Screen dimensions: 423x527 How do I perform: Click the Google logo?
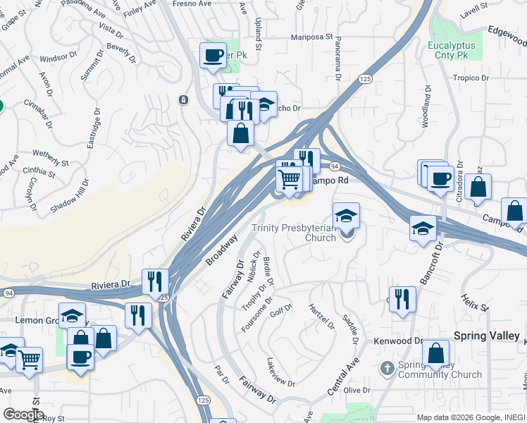pos(23,415)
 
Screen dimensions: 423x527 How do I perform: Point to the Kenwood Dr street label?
pos(399,341)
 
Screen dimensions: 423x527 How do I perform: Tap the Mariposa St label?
pos(312,37)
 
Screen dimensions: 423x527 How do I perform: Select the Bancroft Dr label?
pos(429,264)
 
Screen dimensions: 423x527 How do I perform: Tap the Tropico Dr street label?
pos(471,78)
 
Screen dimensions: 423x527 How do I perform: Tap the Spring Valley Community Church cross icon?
pos(386,368)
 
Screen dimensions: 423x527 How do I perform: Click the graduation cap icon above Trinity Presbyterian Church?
pos(346,214)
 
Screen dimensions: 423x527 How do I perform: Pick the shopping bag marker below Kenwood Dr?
pos(437,353)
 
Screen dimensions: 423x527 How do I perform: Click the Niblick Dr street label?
pos(253,266)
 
